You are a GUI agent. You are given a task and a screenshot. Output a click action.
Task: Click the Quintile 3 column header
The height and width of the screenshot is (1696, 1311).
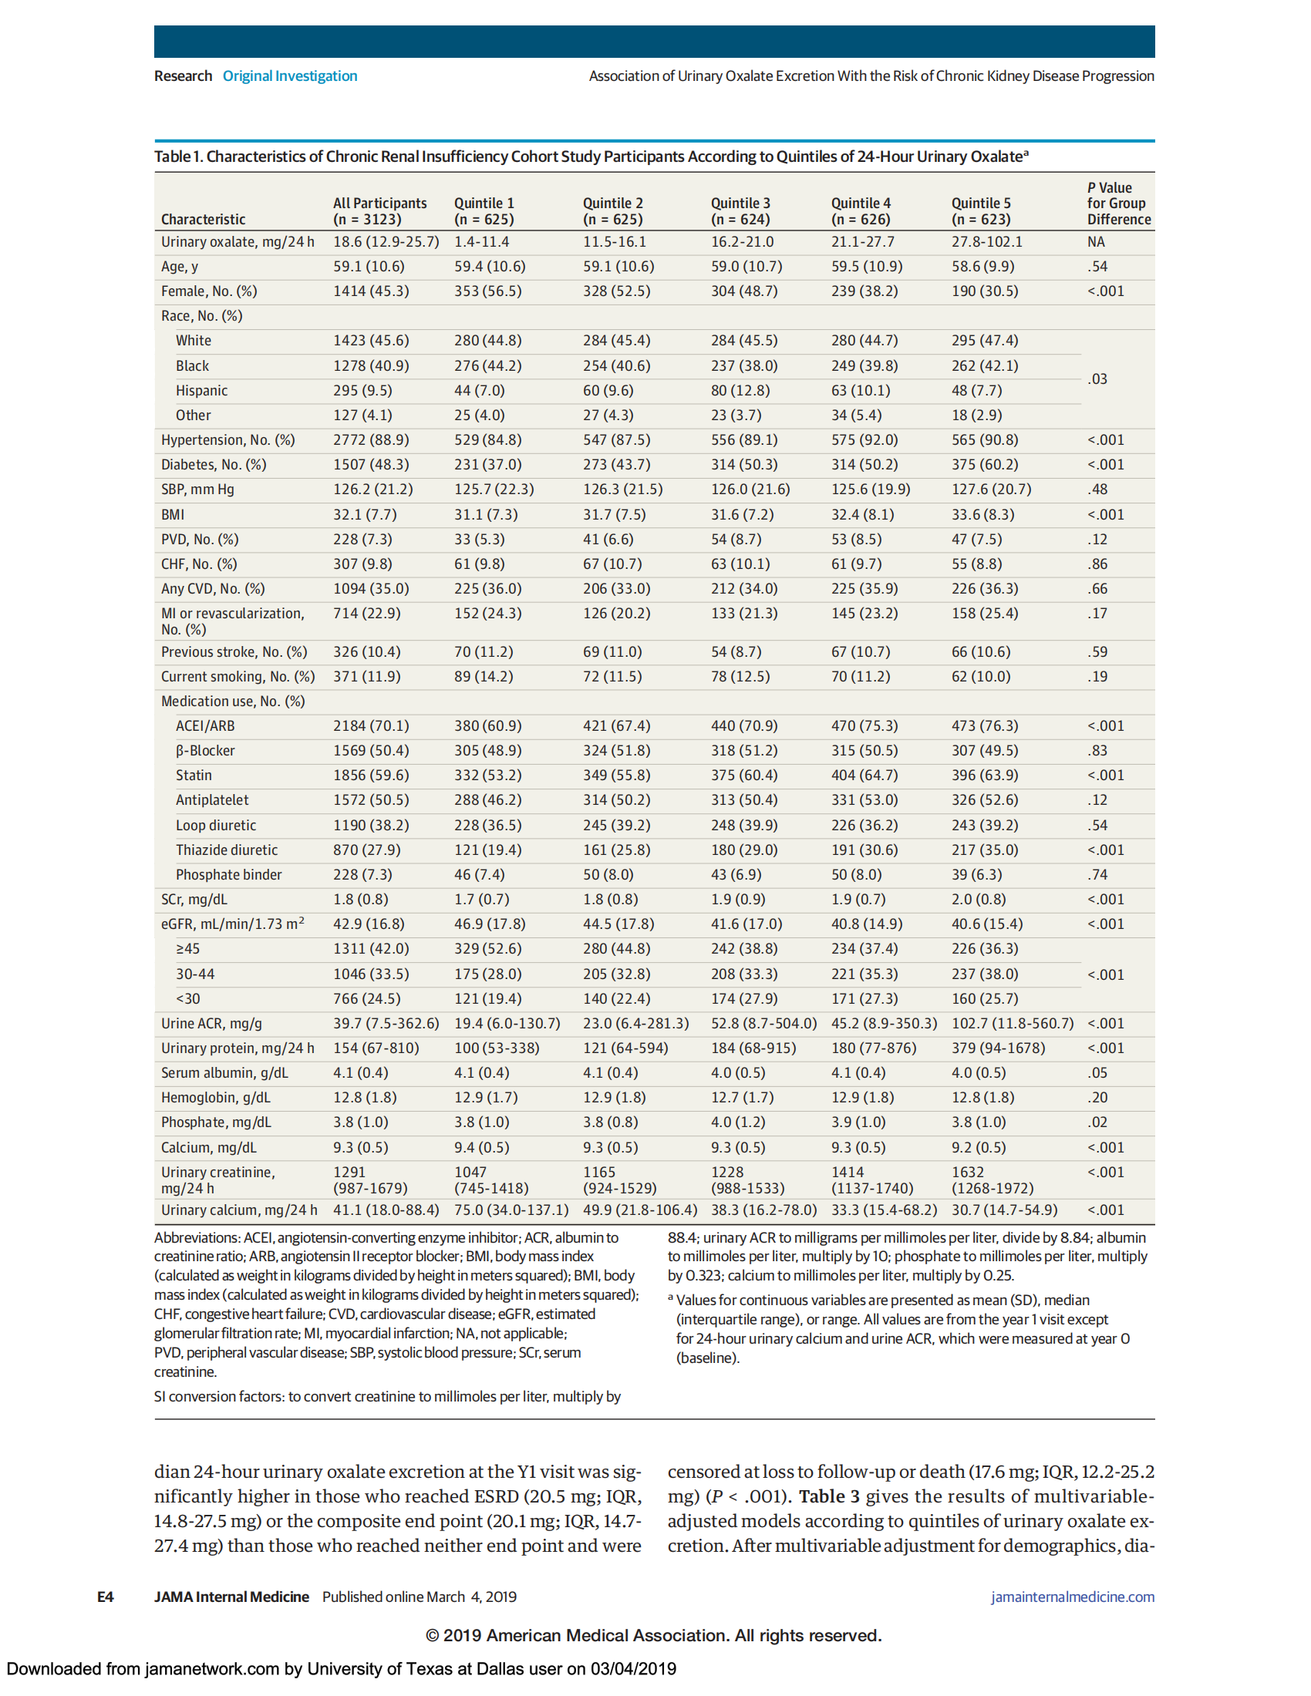pyautogui.click(x=740, y=211)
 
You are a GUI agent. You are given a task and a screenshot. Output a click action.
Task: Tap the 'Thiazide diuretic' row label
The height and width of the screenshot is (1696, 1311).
pyautogui.click(x=226, y=850)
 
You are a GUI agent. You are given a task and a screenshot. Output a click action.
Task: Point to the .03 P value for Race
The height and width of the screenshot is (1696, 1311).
pyautogui.click(x=1097, y=379)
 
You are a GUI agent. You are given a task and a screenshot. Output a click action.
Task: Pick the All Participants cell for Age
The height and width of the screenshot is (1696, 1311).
pyautogui.click(x=368, y=267)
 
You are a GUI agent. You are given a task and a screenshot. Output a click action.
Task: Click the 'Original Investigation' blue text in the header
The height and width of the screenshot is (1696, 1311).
pyautogui.click(x=290, y=76)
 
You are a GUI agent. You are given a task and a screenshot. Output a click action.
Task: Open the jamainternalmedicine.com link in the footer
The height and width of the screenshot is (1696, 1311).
pyautogui.click(x=1072, y=1597)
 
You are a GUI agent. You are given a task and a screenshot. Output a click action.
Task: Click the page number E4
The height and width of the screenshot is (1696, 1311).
pyautogui.click(x=106, y=1597)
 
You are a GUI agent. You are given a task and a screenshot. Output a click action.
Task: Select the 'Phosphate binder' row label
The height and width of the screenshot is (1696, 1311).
pyautogui.click(x=228, y=874)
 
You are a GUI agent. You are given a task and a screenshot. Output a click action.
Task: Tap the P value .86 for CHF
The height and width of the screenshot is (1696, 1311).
pyautogui.click(x=1097, y=564)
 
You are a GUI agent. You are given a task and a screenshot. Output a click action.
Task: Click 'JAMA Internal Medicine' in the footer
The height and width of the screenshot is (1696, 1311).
pyautogui.click(x=231, y=1597)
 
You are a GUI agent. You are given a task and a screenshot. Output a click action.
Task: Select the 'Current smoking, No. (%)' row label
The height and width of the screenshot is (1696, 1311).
pyautogui.click(x=238, y=676)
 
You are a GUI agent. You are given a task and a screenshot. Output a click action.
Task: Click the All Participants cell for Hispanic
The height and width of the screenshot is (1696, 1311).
pyautogui.click(x=362, y=391)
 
